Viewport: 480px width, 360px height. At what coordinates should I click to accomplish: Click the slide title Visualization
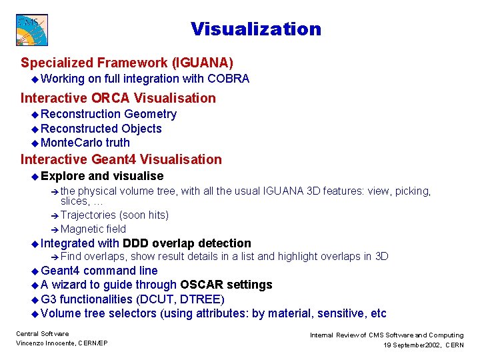tap(255, 29)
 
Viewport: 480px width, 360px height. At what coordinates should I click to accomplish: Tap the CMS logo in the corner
tap(32, 30)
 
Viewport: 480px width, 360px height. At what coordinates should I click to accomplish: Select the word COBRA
tap(228, 79)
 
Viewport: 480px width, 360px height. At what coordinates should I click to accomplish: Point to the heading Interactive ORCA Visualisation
tap(118, 98)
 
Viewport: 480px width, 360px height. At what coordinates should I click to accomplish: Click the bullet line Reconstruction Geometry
tap(109, 115)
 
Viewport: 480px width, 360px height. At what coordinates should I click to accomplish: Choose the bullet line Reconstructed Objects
tap(101, 129)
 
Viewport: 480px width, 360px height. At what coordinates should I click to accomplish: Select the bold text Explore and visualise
tap(102, 176)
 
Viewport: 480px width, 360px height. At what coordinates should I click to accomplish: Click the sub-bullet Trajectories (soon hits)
tap(114, 215)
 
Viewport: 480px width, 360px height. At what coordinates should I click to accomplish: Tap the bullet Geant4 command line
tap(99, 271)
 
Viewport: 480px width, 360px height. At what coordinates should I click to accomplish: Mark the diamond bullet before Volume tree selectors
tap(35, 314)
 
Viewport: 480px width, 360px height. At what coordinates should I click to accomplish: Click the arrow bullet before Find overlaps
tap(55, 257)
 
